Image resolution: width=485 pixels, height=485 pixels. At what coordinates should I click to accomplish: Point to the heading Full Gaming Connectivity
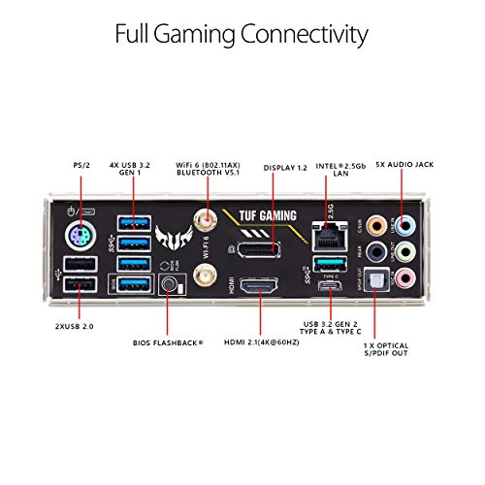click(x=242, y=35)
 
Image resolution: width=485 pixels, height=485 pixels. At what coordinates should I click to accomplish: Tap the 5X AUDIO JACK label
click(x=404, y=166)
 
